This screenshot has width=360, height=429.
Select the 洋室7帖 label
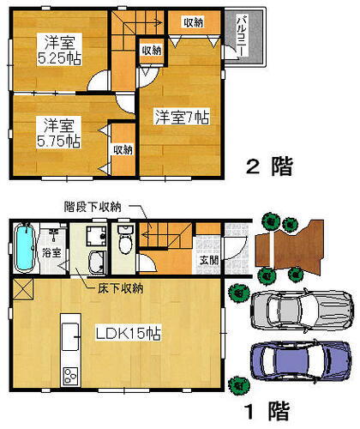(183, 115)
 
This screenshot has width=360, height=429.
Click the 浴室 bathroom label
(51, 252)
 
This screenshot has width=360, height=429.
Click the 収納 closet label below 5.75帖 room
(122, 148)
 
